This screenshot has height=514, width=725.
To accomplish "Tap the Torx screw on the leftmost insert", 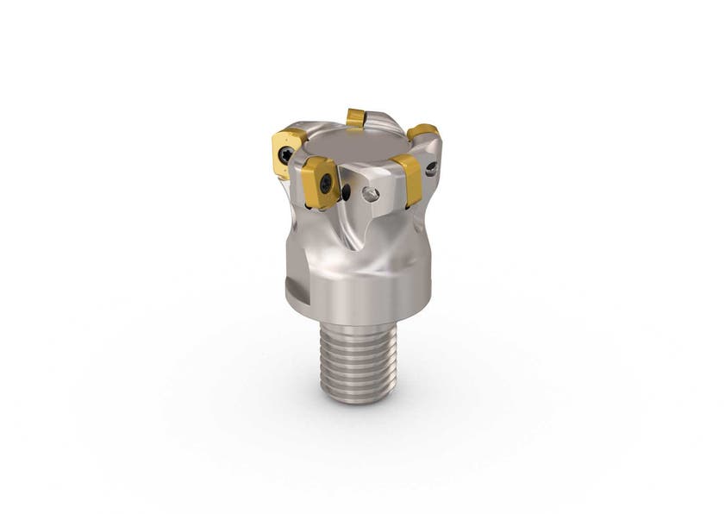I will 284,156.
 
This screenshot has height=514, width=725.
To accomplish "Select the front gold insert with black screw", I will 321,183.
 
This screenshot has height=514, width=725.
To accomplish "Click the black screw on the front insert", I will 325,183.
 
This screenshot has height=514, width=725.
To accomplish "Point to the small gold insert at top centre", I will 356,117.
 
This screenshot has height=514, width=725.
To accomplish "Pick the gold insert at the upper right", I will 423,133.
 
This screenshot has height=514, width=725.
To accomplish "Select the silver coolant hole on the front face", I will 370,195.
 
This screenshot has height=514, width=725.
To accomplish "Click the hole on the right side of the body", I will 430,168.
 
